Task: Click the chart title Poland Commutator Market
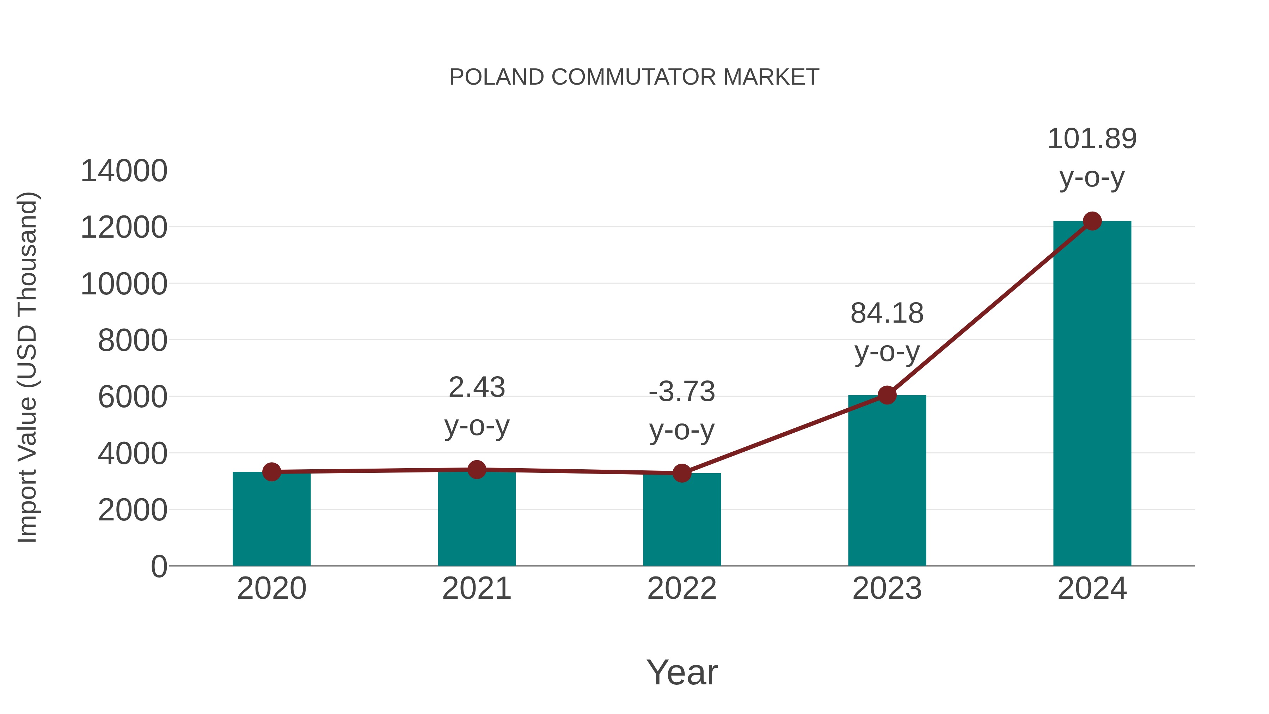(x=634, y=77)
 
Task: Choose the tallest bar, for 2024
(x=1092, y=394)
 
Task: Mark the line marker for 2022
(x=682, y=473)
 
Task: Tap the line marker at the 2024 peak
(x=1092, y=221)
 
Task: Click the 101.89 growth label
(x=1092, y=139)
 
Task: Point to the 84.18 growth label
(x=887, y=313)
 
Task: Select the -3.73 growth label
(x=682, y=392)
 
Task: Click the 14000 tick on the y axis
(x=124, y=171)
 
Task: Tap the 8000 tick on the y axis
(x=133, y=341)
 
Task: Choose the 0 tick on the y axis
(x=159, y=567)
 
